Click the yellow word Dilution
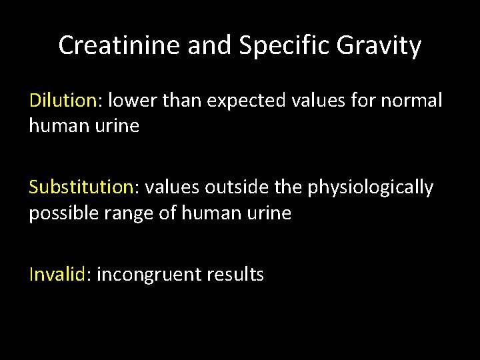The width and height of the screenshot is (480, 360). coord(63,101)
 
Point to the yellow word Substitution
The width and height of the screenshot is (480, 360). coord(81,187)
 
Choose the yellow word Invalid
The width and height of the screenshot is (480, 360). coord(57,274)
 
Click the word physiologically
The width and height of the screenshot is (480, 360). coord(370,189)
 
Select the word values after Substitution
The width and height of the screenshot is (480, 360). coord(172,187)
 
